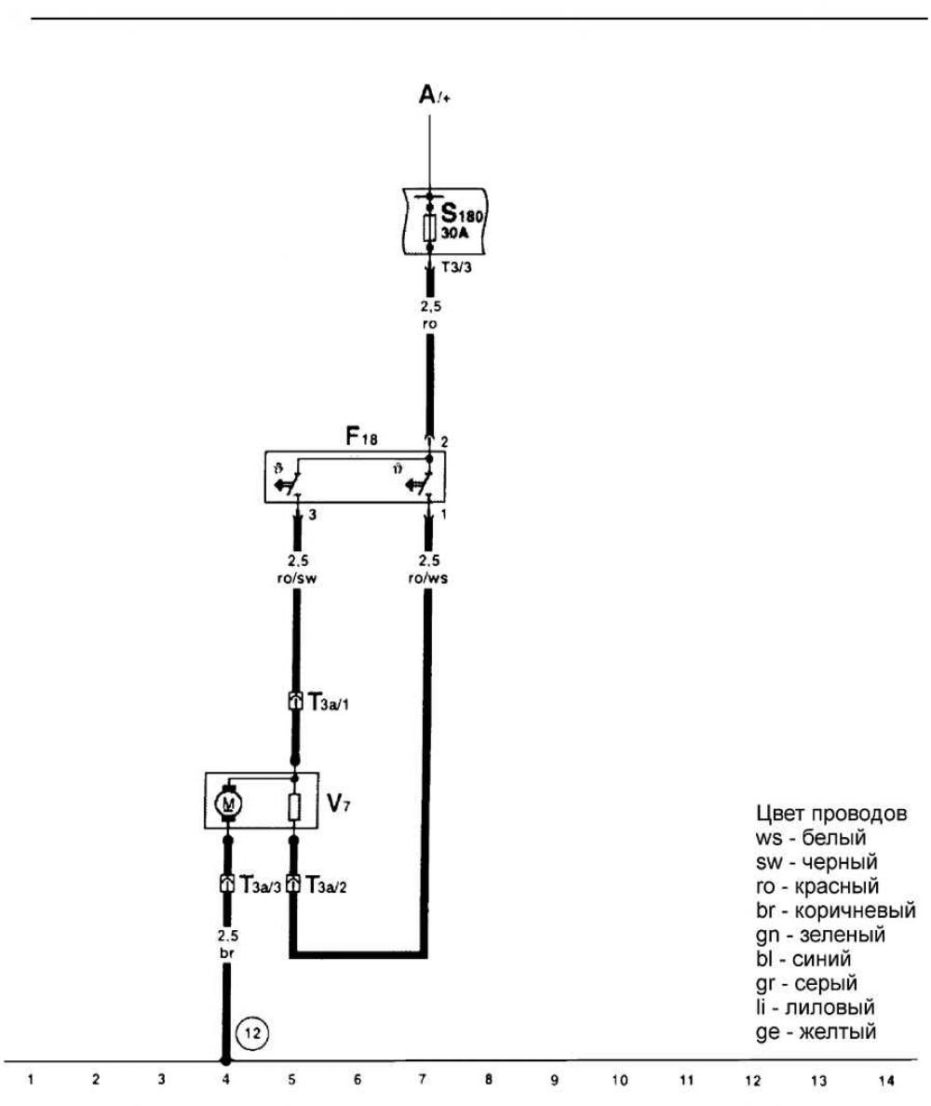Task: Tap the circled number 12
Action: pyautogui.click(x=253, y=1031)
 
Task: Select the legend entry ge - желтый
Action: pyautogui.click(x=816, y=1032)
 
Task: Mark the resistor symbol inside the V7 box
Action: pyautogui.click(x=294, y=806)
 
